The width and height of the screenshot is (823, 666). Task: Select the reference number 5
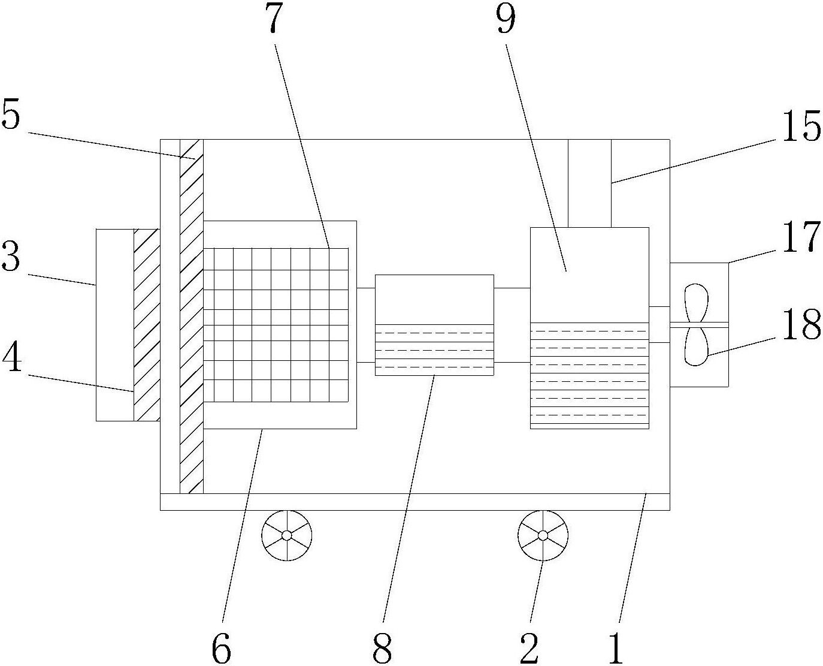pos(11,115)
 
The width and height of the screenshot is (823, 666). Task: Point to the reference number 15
pos(800,127)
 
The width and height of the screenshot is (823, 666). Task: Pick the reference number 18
pos(801,326)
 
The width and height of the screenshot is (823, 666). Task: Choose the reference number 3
pos(11,257)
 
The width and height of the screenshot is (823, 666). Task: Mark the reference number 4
pos(11,358)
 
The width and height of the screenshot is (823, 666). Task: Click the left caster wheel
pos(287,535)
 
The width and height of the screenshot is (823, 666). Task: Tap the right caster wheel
pos(543,535)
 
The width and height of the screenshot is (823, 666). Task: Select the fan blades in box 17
pos(695,324)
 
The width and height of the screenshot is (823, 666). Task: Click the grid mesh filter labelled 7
pos(276,324)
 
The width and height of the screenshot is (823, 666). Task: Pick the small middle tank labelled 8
pos(434,325)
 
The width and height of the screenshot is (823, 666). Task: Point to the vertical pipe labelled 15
pos(589,183)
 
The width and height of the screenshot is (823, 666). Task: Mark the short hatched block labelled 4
pos(147,324)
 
